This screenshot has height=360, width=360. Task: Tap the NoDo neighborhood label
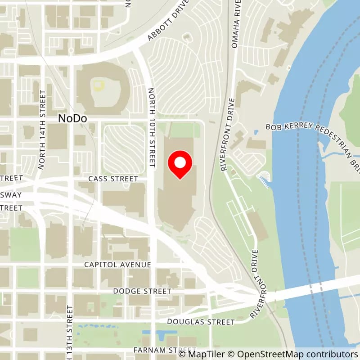point(72,118)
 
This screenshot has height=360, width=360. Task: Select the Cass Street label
point(113,179)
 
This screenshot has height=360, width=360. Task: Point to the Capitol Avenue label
point(117,265)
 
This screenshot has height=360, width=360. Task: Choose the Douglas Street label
point(201,322)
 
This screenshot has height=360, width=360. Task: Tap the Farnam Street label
point(165,350)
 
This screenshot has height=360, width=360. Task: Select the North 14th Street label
point(42,130)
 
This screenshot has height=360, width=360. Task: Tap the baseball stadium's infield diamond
point(99,85)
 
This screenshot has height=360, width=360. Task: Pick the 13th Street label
point(70,333)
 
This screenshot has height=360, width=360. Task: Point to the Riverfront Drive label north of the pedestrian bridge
point(227,134)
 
